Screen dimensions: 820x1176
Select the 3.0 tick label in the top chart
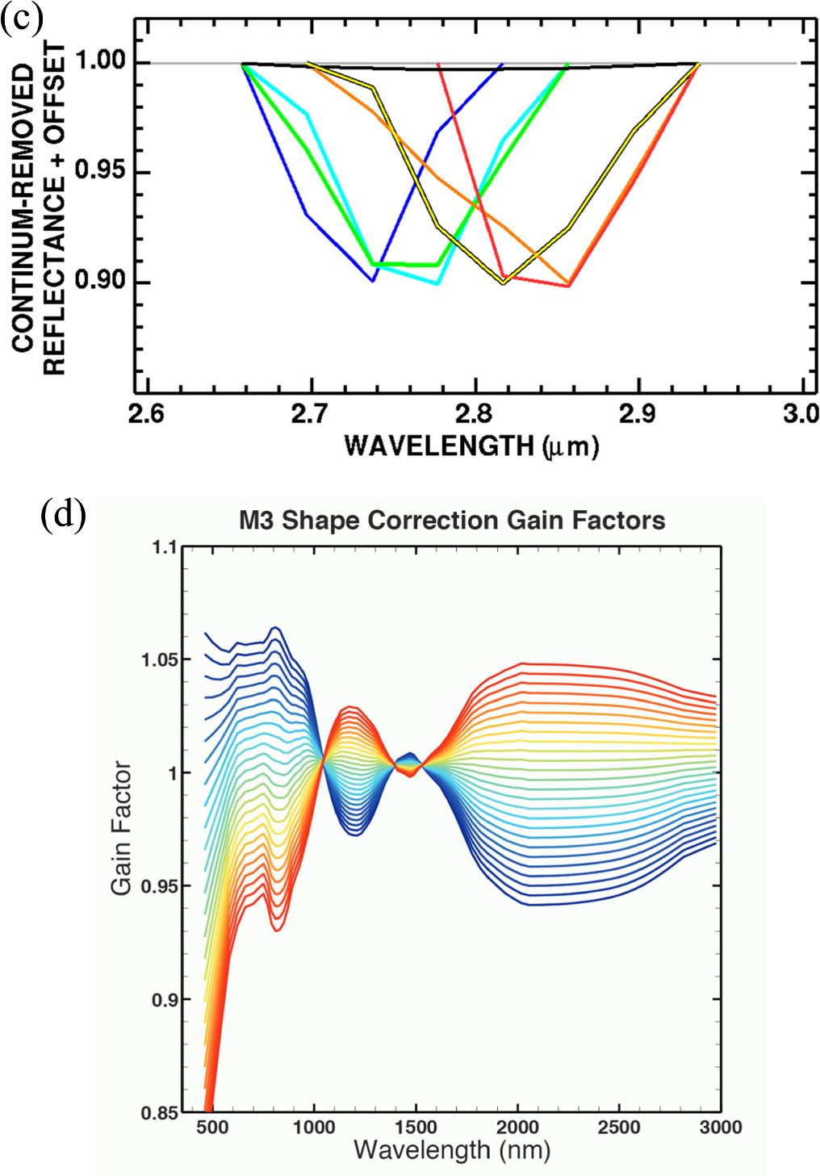799,414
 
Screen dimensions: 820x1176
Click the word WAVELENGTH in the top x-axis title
439,446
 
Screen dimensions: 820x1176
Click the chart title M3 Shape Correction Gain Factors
452,521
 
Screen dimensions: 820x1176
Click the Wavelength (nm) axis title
452,1149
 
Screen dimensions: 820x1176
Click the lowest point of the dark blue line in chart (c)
373,282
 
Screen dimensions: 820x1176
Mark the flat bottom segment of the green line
404,264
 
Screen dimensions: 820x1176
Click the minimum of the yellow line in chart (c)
504,283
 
